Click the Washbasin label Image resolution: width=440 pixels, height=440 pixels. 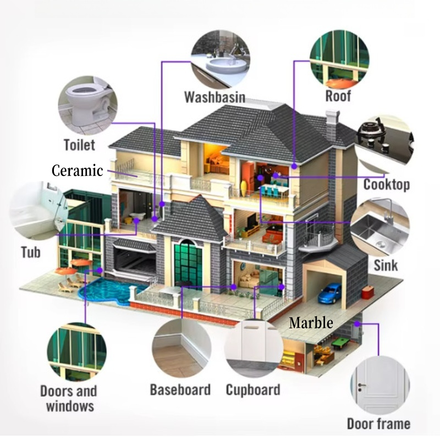click(215, 98)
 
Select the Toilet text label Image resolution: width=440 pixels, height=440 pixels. click(79, 145)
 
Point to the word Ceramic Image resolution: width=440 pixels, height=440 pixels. click(77, 170)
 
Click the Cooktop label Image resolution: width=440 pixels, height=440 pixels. click(386, 184)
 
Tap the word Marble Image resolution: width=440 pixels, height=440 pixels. click(311, 323)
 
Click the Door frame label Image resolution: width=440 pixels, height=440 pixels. click(378, 424)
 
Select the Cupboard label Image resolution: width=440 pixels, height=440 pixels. click(253, 390)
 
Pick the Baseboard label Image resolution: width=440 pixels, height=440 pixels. click(180, 390)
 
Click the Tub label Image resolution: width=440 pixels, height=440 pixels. click(31, 252)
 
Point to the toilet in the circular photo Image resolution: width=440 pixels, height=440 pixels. click(82, 102)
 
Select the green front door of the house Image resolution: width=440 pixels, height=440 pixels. click(188, 262)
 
